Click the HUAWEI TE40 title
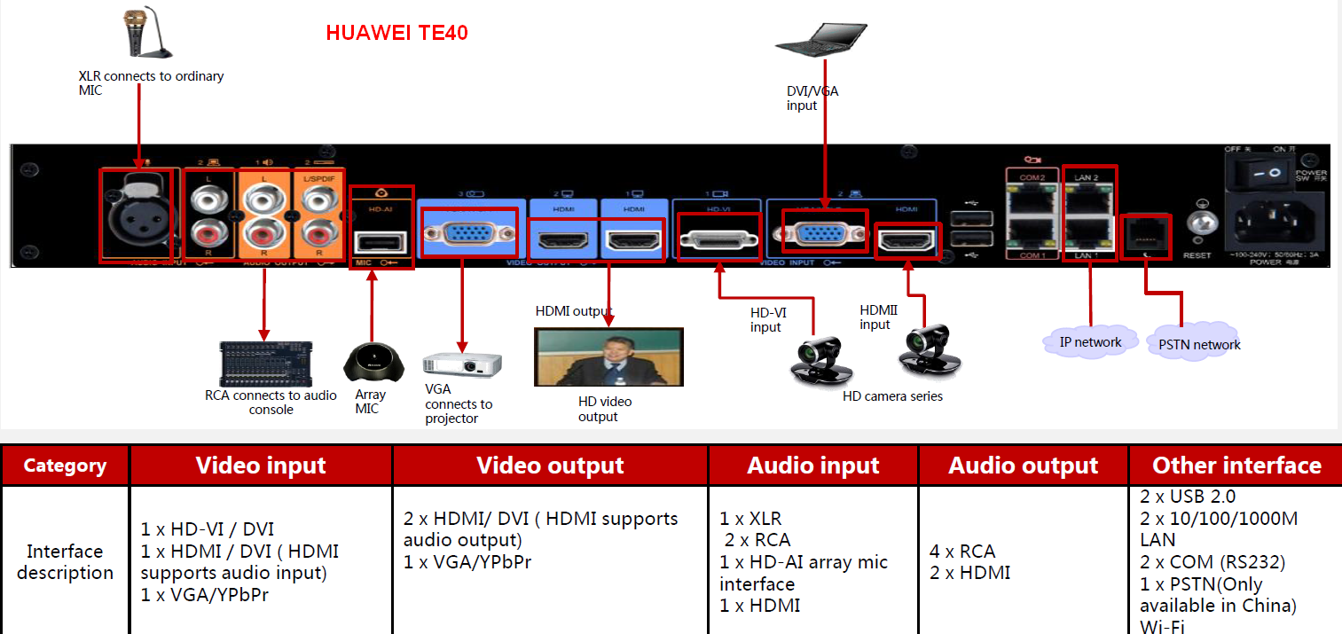click(x=396, y=34)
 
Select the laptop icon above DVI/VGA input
click(x=820, y=38)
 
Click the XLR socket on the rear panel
click(x=137, y=216)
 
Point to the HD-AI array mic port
click(x=381, y=241)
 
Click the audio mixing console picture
click(x=266, y=364)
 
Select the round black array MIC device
click(x=372, y=363)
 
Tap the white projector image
click(x=461, y=364)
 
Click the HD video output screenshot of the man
click(x=608, y=356)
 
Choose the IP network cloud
click(x=1090, y=342)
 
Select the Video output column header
click(x=550, y=466)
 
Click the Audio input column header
click(x=812, y=466)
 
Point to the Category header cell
click(x=65, y=466)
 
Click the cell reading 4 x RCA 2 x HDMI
click(x=1023, y=561)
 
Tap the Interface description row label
click(x=65, y=561)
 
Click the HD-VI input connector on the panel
click(x=718, y=239)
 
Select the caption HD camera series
click(x=892, y=396)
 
